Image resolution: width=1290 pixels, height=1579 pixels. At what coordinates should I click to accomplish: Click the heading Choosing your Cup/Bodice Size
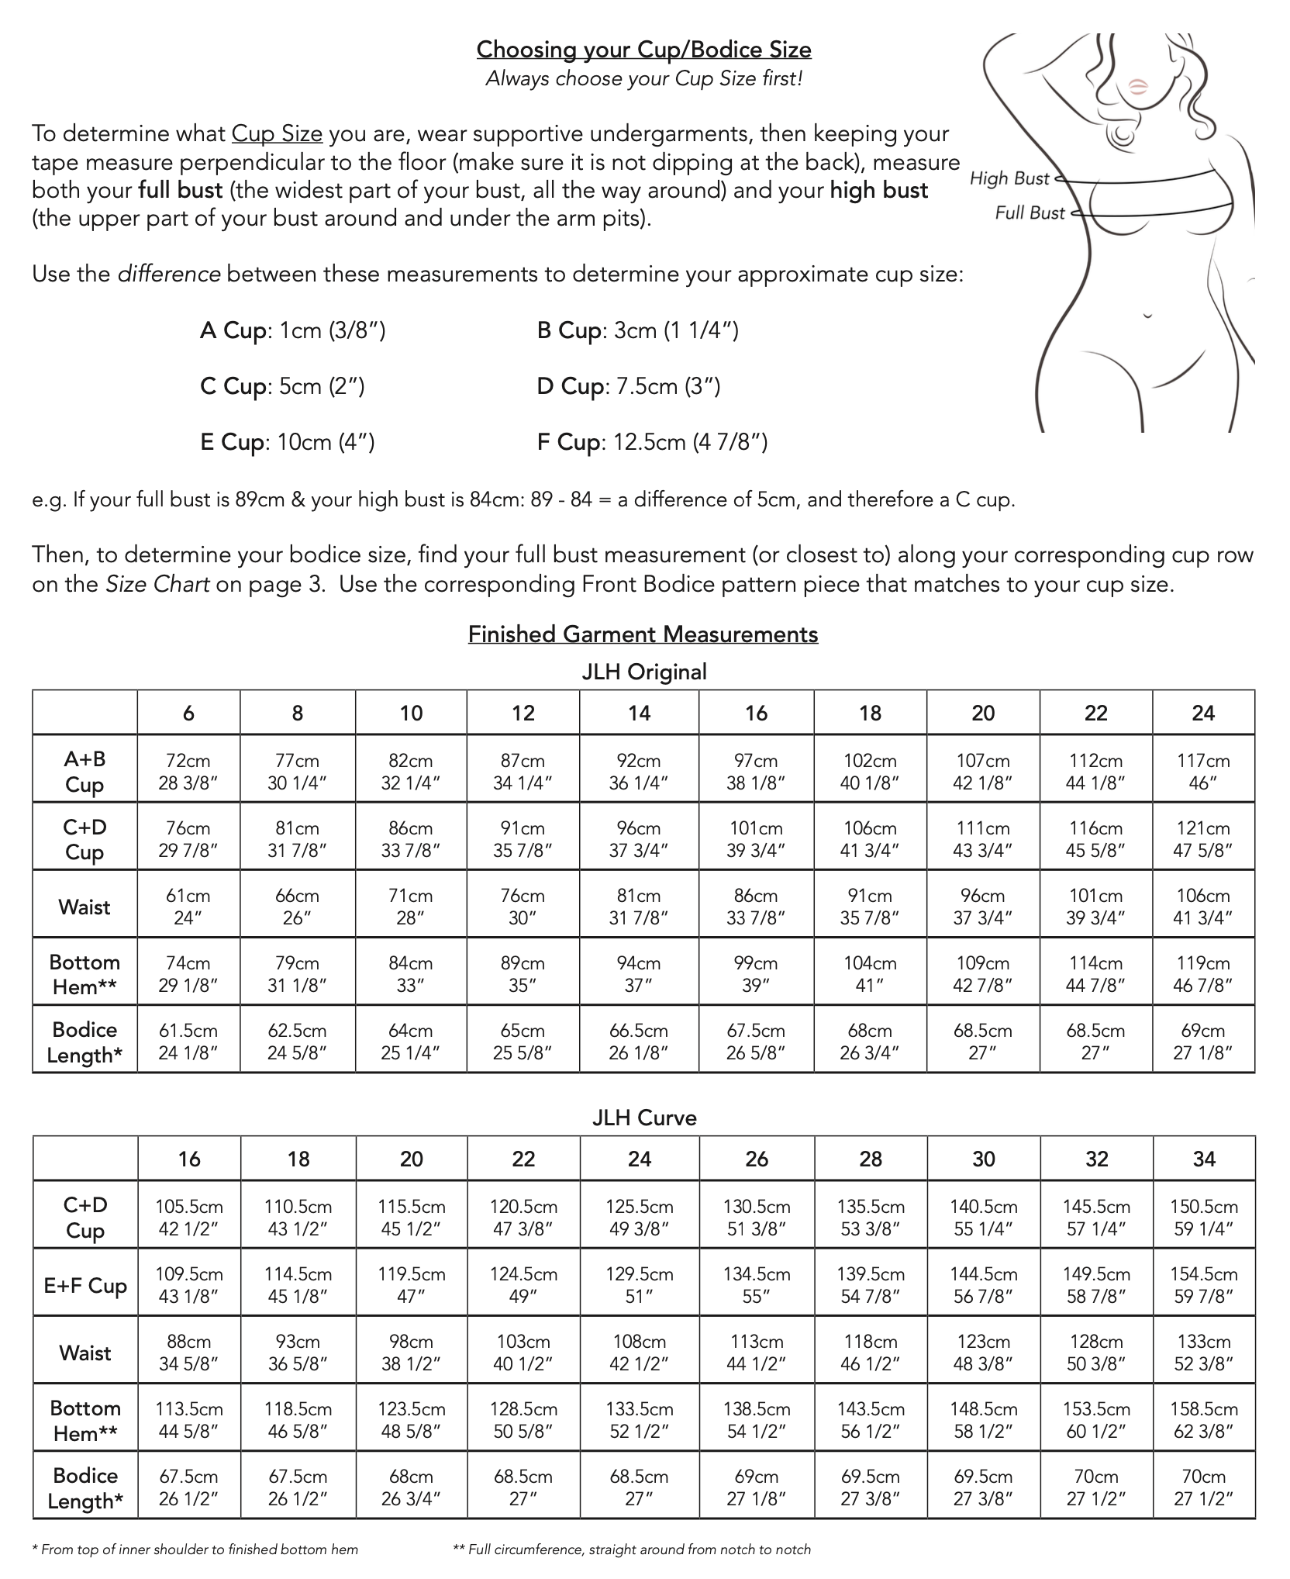click(643, 50)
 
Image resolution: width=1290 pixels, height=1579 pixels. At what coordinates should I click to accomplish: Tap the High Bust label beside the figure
click(1009, 178)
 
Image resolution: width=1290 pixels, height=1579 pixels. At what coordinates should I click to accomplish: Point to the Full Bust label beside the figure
click(1030, 212)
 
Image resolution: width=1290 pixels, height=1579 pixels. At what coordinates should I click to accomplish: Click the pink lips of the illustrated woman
click(1137, 85)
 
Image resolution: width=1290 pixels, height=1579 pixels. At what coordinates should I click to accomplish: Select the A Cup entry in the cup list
click(292, 330)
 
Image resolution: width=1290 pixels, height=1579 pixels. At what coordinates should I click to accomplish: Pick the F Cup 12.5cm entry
click(652, 442)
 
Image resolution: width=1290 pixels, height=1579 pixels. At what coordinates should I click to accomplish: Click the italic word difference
click(169, 275)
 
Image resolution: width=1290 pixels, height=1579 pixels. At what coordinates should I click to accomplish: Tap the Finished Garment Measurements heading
click(643, 634)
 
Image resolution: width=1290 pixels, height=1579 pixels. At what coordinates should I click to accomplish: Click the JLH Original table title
click(644, 672)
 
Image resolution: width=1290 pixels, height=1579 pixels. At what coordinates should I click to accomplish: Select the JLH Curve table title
click(644, 1118)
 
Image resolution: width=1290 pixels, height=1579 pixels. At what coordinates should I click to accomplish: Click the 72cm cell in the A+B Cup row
click(188, 771)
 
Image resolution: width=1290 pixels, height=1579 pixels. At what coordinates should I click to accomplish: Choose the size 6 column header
click(188, 713)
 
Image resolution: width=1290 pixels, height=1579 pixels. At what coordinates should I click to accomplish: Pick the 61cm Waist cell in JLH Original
click(188, 906)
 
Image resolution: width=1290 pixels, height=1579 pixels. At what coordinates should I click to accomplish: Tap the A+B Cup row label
click(85, 771)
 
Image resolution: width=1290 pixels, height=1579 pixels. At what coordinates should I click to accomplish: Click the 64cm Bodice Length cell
click(411, 1041)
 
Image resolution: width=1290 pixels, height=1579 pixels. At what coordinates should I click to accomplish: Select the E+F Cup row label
click(85, 1285)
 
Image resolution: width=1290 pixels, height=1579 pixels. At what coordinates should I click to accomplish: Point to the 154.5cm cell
click(1203, 1284)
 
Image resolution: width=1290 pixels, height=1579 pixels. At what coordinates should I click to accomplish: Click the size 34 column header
click(1204, 1159)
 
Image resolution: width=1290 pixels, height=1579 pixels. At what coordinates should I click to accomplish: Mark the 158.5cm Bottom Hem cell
click(1203, 1419)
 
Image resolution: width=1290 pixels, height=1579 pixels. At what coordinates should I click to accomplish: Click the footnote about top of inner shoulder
click(195, 1550)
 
